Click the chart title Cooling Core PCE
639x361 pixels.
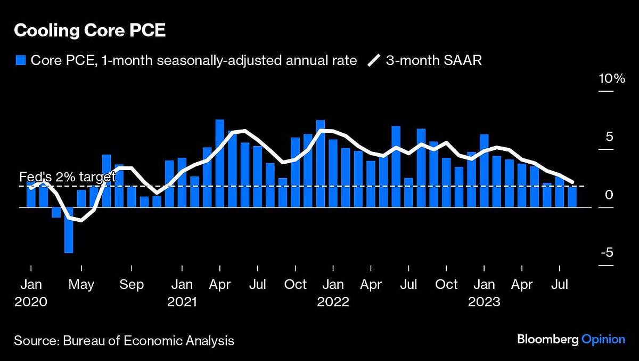click(x=89, y=30)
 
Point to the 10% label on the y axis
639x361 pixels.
click(x=611, y=79)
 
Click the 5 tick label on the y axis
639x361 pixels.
click(x=609, y=137)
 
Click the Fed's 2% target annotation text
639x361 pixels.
click(x=67, y=177)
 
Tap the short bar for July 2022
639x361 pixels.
click(x=408, y=192)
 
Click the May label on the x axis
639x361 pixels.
click(x=81, y=285)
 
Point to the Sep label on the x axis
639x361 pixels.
click(x=132, y=285)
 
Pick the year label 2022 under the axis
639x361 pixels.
click(x=333, y=302)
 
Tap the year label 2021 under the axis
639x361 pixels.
click(x=182, y=302)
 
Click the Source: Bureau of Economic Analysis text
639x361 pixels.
click(x=124, y=340)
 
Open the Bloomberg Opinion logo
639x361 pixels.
click(x=571, y=339)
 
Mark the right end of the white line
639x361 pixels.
click(x=572, y=183)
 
